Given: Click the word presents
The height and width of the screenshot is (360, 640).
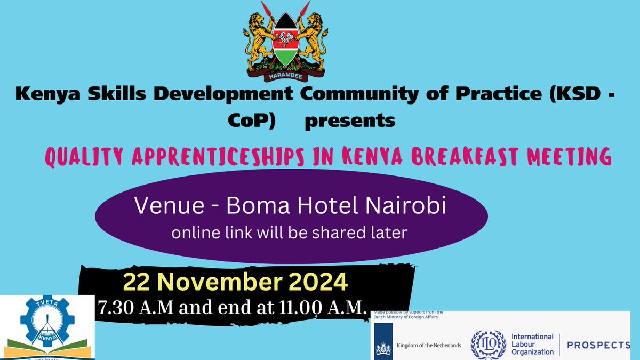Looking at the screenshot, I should pos(350,121).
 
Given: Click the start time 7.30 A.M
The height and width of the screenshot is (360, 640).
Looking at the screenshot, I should pos(135,307).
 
